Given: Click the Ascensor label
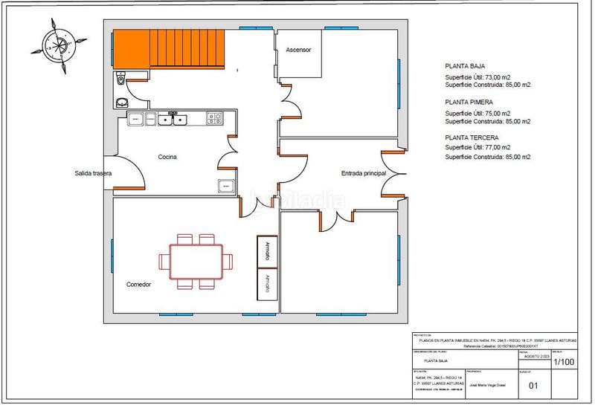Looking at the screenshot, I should tap(297, 50).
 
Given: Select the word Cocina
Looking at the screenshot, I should tap(167, 157).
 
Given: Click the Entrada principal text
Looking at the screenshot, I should tap(364, 173).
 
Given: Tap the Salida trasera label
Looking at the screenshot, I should tap(93, 173).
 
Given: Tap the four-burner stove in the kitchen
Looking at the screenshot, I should tap(214, 118).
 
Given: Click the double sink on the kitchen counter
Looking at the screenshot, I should tap(173, 119).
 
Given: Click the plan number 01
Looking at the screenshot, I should tap(533, 386).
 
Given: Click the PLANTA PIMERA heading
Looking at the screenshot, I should tap(469, 102).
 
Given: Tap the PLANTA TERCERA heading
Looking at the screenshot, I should tap(472, 138).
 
